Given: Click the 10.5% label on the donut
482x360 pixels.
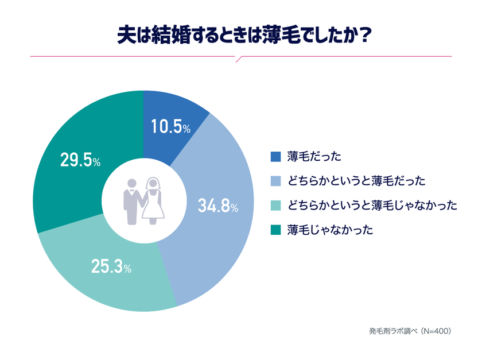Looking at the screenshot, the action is click(170, 126).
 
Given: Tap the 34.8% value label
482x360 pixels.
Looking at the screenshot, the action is click(218, 206).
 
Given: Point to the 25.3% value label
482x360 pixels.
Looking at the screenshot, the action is click(111, 266).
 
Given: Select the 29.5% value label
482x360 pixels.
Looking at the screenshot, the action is click(80, 160).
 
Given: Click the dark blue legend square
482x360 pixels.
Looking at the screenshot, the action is click(276, 157).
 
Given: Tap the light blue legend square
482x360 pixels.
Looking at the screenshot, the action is click(276, 181).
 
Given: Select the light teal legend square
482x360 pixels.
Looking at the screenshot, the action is click(276, 206).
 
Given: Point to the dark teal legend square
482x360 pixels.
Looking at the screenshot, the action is click(276, 230).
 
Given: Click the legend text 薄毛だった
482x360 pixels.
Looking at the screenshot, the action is click(314, 157).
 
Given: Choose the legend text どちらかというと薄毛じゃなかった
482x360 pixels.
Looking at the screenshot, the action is click(372, 206).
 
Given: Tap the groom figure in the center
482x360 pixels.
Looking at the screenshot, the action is click(132, 202).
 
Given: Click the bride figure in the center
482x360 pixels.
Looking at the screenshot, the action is click(153, 200).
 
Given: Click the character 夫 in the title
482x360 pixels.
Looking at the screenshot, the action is click(126, 36).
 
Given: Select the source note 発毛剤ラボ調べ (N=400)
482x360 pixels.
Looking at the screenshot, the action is click(410, 331).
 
